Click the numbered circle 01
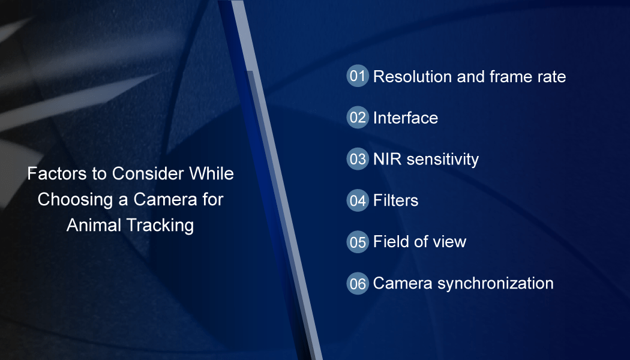point(358,76)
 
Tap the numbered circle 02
point(358,118)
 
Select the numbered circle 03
point(358,159)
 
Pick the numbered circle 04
point(358,200)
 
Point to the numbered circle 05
point(358,242)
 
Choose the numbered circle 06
point(358,283)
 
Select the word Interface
point(406,118)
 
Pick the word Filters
point(395,200)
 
